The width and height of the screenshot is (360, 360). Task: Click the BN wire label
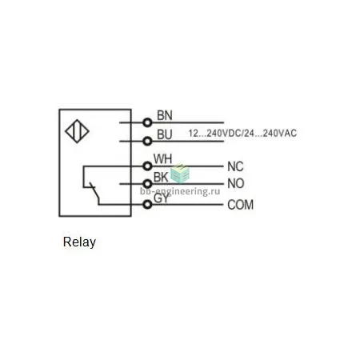(x=165, y=115)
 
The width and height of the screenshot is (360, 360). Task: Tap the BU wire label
(x=165, y=134)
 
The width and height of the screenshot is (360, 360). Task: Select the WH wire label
(x=162, y=159)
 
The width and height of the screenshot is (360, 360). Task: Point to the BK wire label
(x=161, y=177)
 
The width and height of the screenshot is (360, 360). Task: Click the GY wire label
(x=162, y=198)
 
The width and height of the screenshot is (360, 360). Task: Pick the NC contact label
(x=235, y=166)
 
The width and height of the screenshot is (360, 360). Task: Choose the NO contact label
(x=236, y=183)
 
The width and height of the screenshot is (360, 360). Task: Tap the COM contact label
(x=240, y=205)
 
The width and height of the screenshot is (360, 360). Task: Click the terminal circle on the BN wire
(x=147, y=122)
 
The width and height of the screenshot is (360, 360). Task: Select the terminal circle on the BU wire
(x=147, y=141)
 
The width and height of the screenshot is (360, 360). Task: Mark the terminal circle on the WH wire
(x=147, y=166)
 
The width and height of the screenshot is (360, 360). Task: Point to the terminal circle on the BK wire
(x=147, y=184)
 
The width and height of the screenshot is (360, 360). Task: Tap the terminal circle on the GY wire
(x=147, y=205)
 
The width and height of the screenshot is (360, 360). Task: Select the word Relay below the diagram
(x=79, y=242)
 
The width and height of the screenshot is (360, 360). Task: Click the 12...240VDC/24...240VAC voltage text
(x=242, y=133)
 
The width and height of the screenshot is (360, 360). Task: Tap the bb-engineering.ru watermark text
(x=180, y=191)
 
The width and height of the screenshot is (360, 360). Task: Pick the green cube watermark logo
(x=180, y=174)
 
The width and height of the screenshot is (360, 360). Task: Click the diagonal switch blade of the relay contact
(x=94, y=192)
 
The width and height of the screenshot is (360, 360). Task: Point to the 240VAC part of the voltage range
(x=280, y=133)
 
